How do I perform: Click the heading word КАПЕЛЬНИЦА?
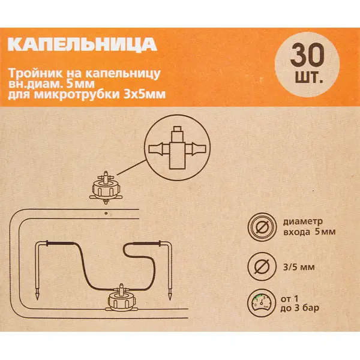[82, 44]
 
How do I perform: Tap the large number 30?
[307, 55]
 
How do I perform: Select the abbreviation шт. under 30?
[309, 78]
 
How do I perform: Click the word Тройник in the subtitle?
[35, 74]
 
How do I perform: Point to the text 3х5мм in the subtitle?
[144, 94]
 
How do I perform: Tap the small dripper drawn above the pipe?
[106, 188]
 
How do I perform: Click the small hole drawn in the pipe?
[106, 213]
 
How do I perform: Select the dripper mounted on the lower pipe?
[121, 298]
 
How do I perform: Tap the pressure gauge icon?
[262, 303]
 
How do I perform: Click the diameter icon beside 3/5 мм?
[262, 266]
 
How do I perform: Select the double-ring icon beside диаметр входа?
[262, 227]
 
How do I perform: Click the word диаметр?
[303, 222]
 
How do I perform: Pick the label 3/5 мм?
[299, 267]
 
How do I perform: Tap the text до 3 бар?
[299, 308]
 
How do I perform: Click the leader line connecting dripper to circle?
[131, 168]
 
